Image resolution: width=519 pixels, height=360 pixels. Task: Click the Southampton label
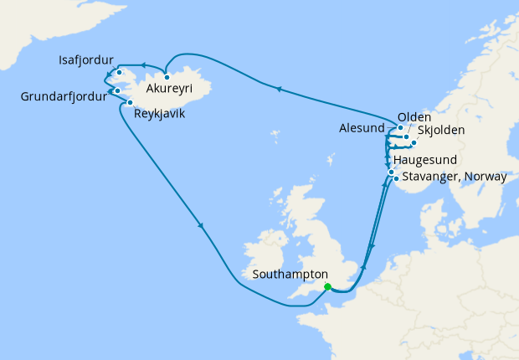288,274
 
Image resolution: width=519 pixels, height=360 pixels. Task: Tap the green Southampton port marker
327,287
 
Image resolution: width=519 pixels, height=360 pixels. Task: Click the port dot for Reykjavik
131,103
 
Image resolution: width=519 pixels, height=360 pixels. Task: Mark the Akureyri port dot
167,77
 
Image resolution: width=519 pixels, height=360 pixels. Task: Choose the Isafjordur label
88,61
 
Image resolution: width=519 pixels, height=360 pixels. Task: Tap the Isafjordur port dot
121,73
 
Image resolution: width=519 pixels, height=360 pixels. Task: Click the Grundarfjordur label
64,96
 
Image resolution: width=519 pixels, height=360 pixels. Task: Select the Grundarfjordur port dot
117,90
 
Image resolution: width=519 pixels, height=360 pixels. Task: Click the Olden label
414,116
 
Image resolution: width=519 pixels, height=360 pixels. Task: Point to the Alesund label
362,129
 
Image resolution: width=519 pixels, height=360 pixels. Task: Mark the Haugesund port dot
390,172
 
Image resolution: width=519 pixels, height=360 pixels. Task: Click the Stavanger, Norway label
455,177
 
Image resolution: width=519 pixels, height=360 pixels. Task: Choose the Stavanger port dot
395,178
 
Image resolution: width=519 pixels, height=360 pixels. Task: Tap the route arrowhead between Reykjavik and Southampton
201,224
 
